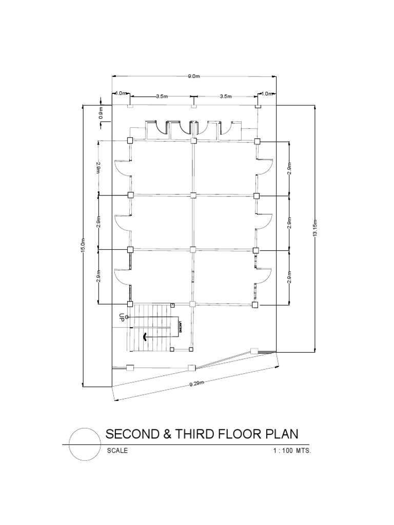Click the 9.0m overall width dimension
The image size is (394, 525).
click(193, 76)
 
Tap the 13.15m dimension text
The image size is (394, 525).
click(315, 227)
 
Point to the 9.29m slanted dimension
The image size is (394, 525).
click(197, 383)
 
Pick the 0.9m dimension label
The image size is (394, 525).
click(101, 113)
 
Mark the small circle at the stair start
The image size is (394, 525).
click(127, 317)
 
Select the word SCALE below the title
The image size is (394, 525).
click(117, 451)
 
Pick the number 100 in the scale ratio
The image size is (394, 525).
click(289, 451)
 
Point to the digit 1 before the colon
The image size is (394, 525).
click(275, 451)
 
